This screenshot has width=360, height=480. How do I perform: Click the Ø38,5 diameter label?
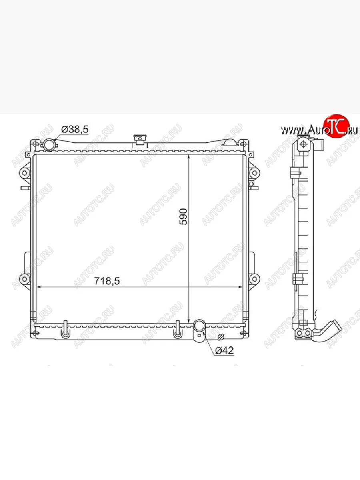point(75,130)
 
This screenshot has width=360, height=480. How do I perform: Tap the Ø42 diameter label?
point(224,350)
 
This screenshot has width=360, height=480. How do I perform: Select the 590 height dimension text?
point(183,216)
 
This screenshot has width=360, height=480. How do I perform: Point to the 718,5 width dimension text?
point(107,281)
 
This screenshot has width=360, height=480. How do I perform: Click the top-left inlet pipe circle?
point(49,144)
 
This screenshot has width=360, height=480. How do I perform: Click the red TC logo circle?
point(336,126)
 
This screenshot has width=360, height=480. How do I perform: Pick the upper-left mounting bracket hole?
point(25,173)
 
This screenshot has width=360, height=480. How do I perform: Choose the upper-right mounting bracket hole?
point(254,173)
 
